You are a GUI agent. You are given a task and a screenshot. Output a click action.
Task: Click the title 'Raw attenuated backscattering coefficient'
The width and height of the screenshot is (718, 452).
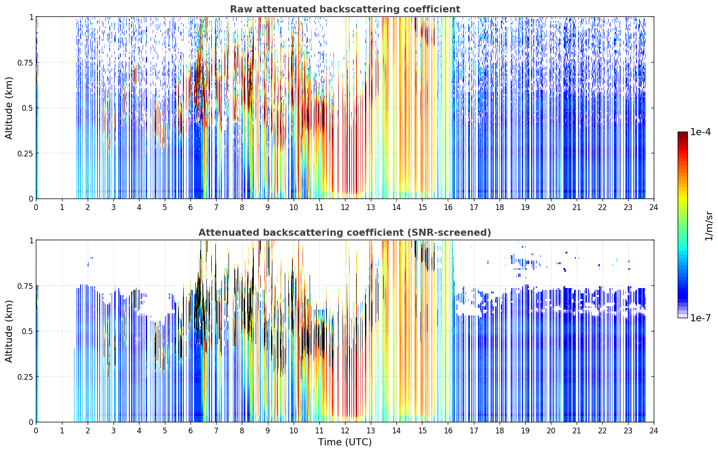tap(345, 9)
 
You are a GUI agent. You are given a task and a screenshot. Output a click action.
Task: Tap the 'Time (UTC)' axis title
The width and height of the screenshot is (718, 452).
tap(345, 442)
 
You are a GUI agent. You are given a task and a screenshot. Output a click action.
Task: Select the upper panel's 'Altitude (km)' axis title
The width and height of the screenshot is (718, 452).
tap(9, 108)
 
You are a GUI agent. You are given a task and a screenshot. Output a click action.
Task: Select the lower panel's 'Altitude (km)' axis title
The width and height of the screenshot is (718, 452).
tap(9, 331)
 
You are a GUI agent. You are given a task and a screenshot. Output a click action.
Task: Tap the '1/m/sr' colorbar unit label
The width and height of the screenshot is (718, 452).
tap(709, 226)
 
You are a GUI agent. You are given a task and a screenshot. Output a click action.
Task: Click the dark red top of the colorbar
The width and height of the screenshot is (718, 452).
tap(683, 133)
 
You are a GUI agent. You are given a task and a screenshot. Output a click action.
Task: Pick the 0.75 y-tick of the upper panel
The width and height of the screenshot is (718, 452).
tap(25, 62)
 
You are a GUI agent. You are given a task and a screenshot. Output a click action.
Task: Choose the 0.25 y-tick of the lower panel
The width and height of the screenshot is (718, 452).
tap(25, 377)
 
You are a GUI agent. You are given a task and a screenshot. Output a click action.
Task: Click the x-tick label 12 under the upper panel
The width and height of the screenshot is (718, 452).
tap(345, 207)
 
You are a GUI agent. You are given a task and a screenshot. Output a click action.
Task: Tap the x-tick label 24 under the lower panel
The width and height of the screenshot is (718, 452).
tap(654, 431)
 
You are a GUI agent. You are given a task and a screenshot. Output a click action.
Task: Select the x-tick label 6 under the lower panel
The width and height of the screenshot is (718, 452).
tap(190, 431)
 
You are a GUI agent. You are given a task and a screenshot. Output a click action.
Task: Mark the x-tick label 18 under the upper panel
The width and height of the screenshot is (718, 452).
tap(499, 207)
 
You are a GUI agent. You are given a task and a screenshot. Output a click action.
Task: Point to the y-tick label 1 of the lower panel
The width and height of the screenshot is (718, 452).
tap(31, 241)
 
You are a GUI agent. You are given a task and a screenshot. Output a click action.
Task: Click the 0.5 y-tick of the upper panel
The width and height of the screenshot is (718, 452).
tap(27, 108)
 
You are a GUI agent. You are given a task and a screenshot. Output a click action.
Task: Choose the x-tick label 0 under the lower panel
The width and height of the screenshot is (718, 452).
tap(36, 431)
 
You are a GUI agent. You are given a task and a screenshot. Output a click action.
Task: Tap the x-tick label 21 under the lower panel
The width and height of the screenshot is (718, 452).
tap(577, 431)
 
